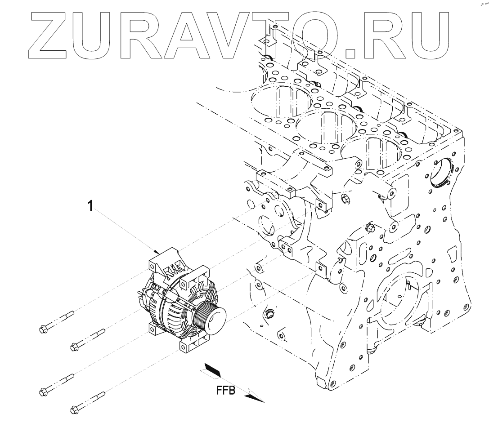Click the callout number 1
point(90,206)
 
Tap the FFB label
point(225,391)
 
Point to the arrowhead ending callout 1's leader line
point(157,251)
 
